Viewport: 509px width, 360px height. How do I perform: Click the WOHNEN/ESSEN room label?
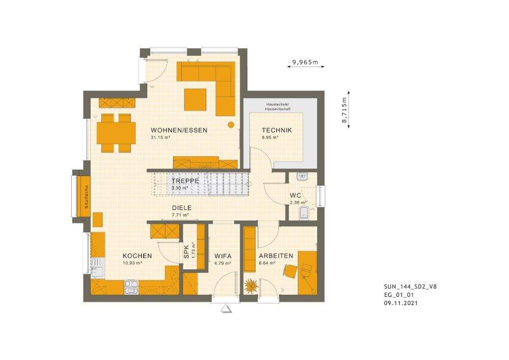tap(179, 130)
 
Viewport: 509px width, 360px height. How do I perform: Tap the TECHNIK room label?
tap(277, 130)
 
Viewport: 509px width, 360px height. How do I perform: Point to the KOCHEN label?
tap(137, 256)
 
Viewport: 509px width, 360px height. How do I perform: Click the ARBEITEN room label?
tap(275, 256)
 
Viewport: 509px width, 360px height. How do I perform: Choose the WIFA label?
tap(223, 256)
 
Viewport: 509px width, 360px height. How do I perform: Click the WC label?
tap(295, 196)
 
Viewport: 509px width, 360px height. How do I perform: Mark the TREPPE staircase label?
tap(184, 181)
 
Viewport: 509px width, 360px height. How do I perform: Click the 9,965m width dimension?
tap(305, 63)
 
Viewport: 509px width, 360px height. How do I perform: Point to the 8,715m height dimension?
tap(345, 110)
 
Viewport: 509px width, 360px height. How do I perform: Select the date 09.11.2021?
tap(402, 302)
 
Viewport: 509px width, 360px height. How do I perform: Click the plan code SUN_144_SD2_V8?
tap(410, 286)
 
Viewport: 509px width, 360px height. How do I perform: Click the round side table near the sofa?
tap(231, 124)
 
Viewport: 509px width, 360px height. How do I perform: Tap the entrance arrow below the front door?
tap(225, 308)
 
